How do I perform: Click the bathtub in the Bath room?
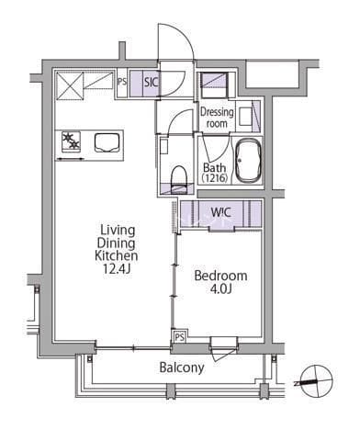[248, 161]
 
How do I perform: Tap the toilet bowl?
[179, 177]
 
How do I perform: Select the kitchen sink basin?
[107, 142]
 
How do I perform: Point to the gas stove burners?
[71, 141]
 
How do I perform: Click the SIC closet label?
[152, 82]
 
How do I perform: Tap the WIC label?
[221, 212]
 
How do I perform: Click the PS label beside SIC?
[122, 82]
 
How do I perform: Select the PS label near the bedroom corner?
[180, 337]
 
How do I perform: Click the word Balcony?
[182, 367]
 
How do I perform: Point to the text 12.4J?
[117, 268]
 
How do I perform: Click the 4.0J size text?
[220, 288]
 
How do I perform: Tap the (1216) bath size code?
[215, 178]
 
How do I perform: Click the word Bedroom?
[220, 276]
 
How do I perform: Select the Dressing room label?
[217, 118]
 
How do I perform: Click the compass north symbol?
[317, 381]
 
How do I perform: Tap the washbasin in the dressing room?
[245, 116]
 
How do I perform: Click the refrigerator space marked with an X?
[70, 85]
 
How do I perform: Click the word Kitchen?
[117, 255]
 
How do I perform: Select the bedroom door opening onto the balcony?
[224, 347]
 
